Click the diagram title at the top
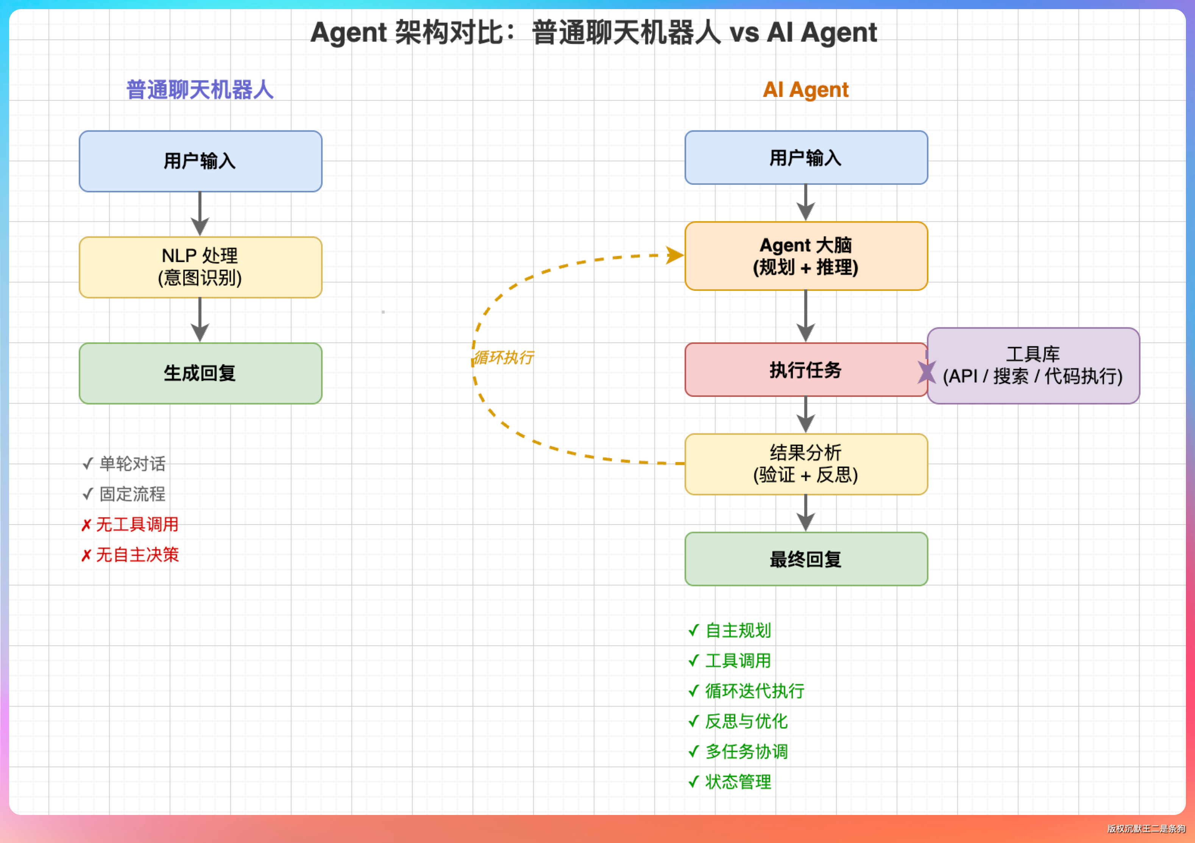pos(593,32)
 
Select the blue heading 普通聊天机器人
pos(200,89)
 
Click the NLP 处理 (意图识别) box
pos(200,267)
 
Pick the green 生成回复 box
pos(200,373)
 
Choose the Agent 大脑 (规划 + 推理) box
pos(806,256)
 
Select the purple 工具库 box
pos(1033,365)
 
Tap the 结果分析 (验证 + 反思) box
pos(806,464)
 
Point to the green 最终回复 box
pos(806,559)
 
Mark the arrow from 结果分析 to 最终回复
pos(806,513)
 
